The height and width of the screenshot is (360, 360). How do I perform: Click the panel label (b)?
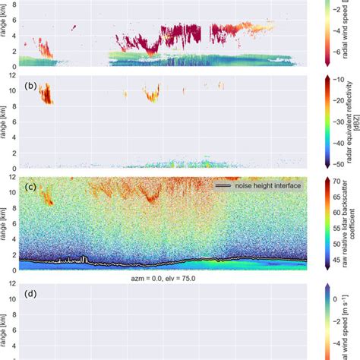31,86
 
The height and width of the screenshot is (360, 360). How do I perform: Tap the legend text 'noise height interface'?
260,185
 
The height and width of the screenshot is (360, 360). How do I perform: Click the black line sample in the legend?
222,185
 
